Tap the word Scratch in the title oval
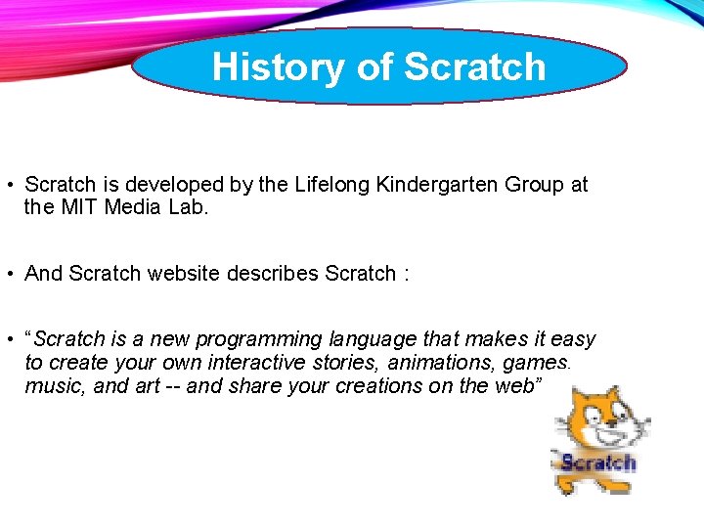click(474, 66)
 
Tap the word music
click(53, 385)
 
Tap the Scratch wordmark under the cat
click(597, 462)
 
